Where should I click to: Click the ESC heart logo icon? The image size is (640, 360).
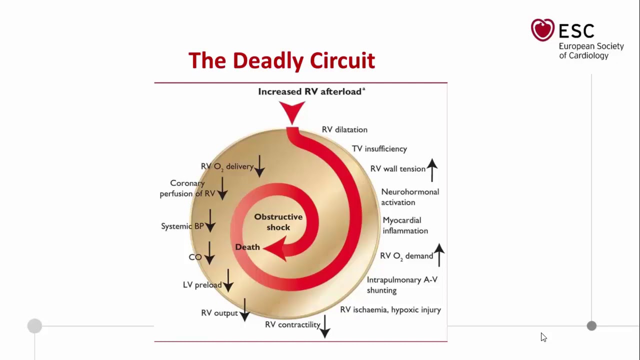coord(542,29)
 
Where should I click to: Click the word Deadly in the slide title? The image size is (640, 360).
coord(268,60)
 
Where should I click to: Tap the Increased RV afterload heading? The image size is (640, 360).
coord(311,91)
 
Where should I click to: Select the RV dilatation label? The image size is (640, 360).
coord(344,129)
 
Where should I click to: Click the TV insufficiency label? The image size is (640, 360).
coord(379,149)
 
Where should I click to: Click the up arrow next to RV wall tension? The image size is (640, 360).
coord(432,170)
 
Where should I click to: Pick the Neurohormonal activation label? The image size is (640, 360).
coord(410,197)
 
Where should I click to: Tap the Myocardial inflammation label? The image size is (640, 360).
coord(405,225)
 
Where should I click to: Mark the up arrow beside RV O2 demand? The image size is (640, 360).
coord(439,255)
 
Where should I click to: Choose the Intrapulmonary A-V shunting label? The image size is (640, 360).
coord(402,285)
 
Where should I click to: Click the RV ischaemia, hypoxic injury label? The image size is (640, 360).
coord(390,309)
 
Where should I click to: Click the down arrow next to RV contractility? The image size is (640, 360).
coord(325,326)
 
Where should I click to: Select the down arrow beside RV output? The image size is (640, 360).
coord(244,310)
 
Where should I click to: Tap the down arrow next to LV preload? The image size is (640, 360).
coord(228,280)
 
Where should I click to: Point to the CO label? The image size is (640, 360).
coord(195,257)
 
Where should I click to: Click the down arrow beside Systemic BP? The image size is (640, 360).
coord(210,220)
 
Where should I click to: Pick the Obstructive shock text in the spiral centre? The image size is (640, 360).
coord(278,222)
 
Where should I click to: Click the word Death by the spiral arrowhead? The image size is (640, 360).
coord(247,247)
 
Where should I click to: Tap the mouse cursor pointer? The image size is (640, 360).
coord(543,337)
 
